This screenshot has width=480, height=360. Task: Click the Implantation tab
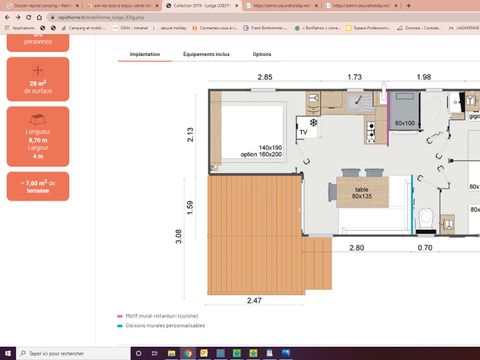pos(145,54)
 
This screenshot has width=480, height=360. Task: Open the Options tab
pos(261,54)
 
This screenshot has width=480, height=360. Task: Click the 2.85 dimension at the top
pos(264,77)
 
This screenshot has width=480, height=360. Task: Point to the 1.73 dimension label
pos(354,77)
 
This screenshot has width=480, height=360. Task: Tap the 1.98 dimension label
pos(423,77)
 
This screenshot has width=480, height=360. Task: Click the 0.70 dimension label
pos(425,247)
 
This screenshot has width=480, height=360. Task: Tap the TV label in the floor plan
pos(302,131)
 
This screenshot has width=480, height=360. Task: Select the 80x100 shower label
pos(404,123)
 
